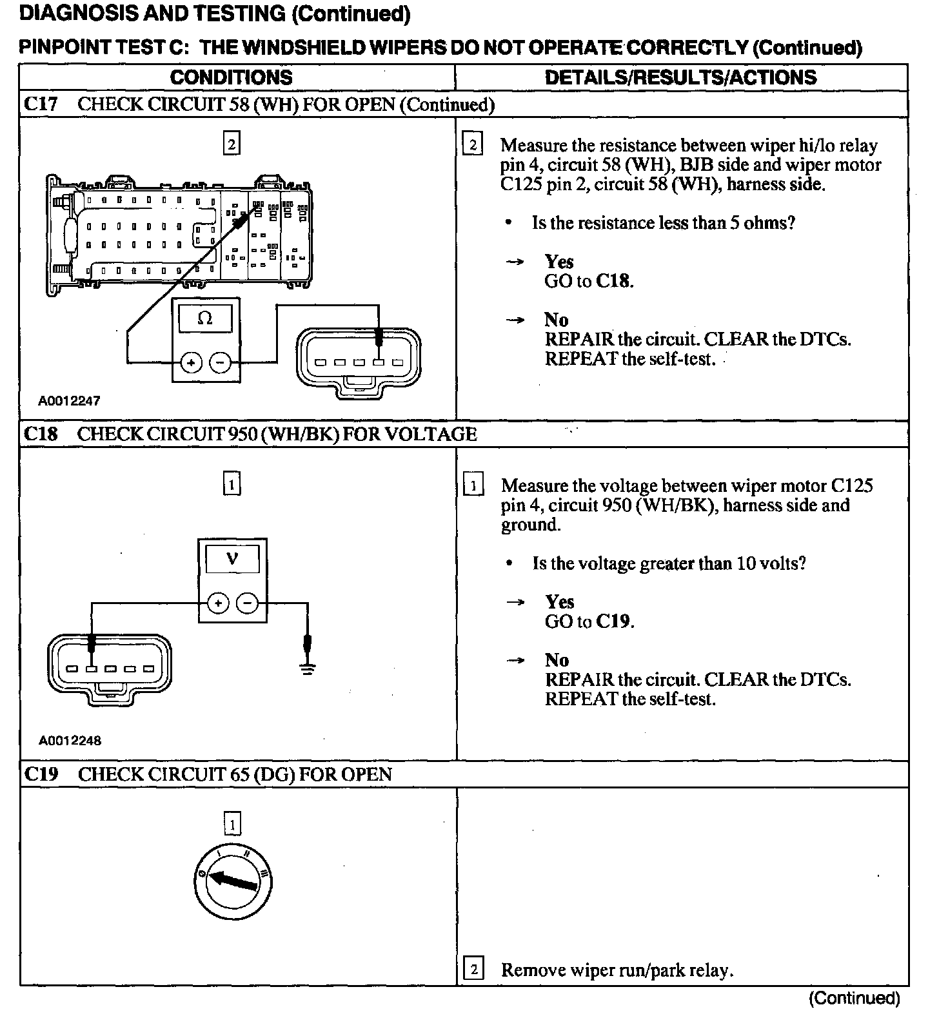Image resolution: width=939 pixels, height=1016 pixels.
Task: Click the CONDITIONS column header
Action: tap(231, 78)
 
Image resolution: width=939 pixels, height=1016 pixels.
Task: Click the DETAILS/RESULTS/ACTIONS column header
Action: tap(680, 78)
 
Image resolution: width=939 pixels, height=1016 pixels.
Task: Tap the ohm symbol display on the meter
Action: tap(205, 318)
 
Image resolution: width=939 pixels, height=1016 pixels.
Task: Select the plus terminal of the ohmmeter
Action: tap(191, 363)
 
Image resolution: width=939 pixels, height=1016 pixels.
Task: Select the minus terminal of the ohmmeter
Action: tap(221, 363)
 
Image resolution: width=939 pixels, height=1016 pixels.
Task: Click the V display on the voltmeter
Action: tap(232, 558)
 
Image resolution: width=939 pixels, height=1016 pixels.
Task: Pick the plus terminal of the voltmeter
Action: tap(218, 603)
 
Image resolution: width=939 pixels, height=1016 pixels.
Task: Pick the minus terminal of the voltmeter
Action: tap(247, 603)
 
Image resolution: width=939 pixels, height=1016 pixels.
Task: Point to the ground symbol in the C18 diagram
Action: tap(308, 670)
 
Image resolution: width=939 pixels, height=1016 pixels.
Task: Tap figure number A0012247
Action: tap(70, 401)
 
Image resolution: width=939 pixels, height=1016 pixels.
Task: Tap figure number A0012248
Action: tap(70, 741)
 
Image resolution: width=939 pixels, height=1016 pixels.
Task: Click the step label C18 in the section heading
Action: tap(41, 434)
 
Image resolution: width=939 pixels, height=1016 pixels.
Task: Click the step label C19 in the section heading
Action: tap(41, 774)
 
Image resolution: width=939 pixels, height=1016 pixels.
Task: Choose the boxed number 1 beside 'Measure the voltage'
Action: tap(473, 485)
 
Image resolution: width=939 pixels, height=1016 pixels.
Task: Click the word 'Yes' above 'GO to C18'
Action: tap(558, 262)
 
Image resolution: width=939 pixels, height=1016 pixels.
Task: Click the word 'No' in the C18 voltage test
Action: tap(557, 660)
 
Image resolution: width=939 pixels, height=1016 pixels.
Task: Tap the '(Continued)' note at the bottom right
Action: tap(854, 999)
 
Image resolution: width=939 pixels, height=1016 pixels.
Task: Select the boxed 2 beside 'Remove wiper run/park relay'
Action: tap(473, 970)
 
